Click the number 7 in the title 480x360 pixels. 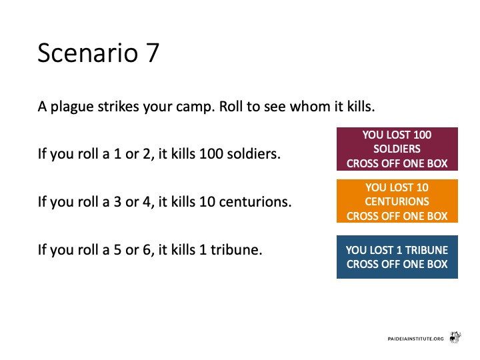151,53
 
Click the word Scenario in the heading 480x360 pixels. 88,53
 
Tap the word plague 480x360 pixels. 72,107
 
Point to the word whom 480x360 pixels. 310,106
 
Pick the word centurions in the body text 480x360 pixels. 255,201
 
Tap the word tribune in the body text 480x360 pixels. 236,249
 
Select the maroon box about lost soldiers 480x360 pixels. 397,149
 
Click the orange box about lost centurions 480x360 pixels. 397,201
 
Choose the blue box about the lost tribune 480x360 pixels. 397,257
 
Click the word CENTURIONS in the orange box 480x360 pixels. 397,201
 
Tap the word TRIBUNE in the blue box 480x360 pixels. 427,250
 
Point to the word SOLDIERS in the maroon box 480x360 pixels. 397,149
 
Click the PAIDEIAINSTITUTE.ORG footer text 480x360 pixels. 415,339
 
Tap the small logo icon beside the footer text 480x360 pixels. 455,337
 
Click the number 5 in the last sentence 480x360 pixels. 117,250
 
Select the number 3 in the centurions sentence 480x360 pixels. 117,202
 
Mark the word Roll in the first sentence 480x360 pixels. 231,106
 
